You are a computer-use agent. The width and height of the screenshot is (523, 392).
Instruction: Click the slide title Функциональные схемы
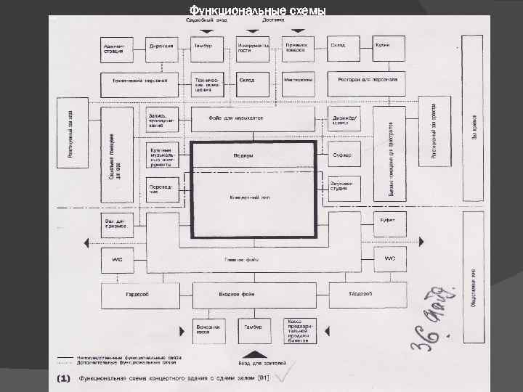[x=257, y=10]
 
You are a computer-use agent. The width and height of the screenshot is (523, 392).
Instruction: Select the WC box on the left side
[x=117, y=258]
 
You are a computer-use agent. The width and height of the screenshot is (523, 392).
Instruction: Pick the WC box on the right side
[x=389, y=258]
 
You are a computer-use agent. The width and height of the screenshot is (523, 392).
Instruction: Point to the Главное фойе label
[x=243, y=258]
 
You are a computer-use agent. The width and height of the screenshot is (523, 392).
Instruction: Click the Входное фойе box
[x=253, y=295]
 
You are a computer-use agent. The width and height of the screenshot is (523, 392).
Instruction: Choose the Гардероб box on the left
[x=138, y=295]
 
